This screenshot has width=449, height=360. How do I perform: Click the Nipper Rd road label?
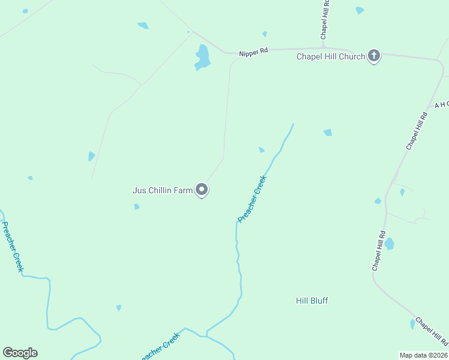coord(253,53)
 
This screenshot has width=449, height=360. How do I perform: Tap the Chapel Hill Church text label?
coord(331,57)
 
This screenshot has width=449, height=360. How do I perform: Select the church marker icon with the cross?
coord(374,56)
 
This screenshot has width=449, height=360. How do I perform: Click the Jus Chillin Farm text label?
coord(162,191)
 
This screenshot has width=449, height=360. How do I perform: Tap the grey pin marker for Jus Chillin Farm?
coord(202,190)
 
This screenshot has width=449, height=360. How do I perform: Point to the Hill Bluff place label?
coord(312,301)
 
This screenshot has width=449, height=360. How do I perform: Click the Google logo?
coord(20,353)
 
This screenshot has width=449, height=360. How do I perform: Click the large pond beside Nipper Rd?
coord(202,58)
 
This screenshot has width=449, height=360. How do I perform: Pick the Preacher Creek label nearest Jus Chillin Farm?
coord(252,199)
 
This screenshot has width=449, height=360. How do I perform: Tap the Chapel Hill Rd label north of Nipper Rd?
coord(325,22)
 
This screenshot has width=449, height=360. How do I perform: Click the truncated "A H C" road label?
coord(441,104)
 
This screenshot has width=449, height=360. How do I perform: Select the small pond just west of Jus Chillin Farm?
coord(137,207)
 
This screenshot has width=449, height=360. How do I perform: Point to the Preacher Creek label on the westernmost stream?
coord(12,247)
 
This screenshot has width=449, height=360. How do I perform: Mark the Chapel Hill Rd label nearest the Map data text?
coord(432,332)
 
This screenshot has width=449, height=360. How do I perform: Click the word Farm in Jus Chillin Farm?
coord(183,191)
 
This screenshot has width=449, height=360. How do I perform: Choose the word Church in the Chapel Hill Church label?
coord(352,57)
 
